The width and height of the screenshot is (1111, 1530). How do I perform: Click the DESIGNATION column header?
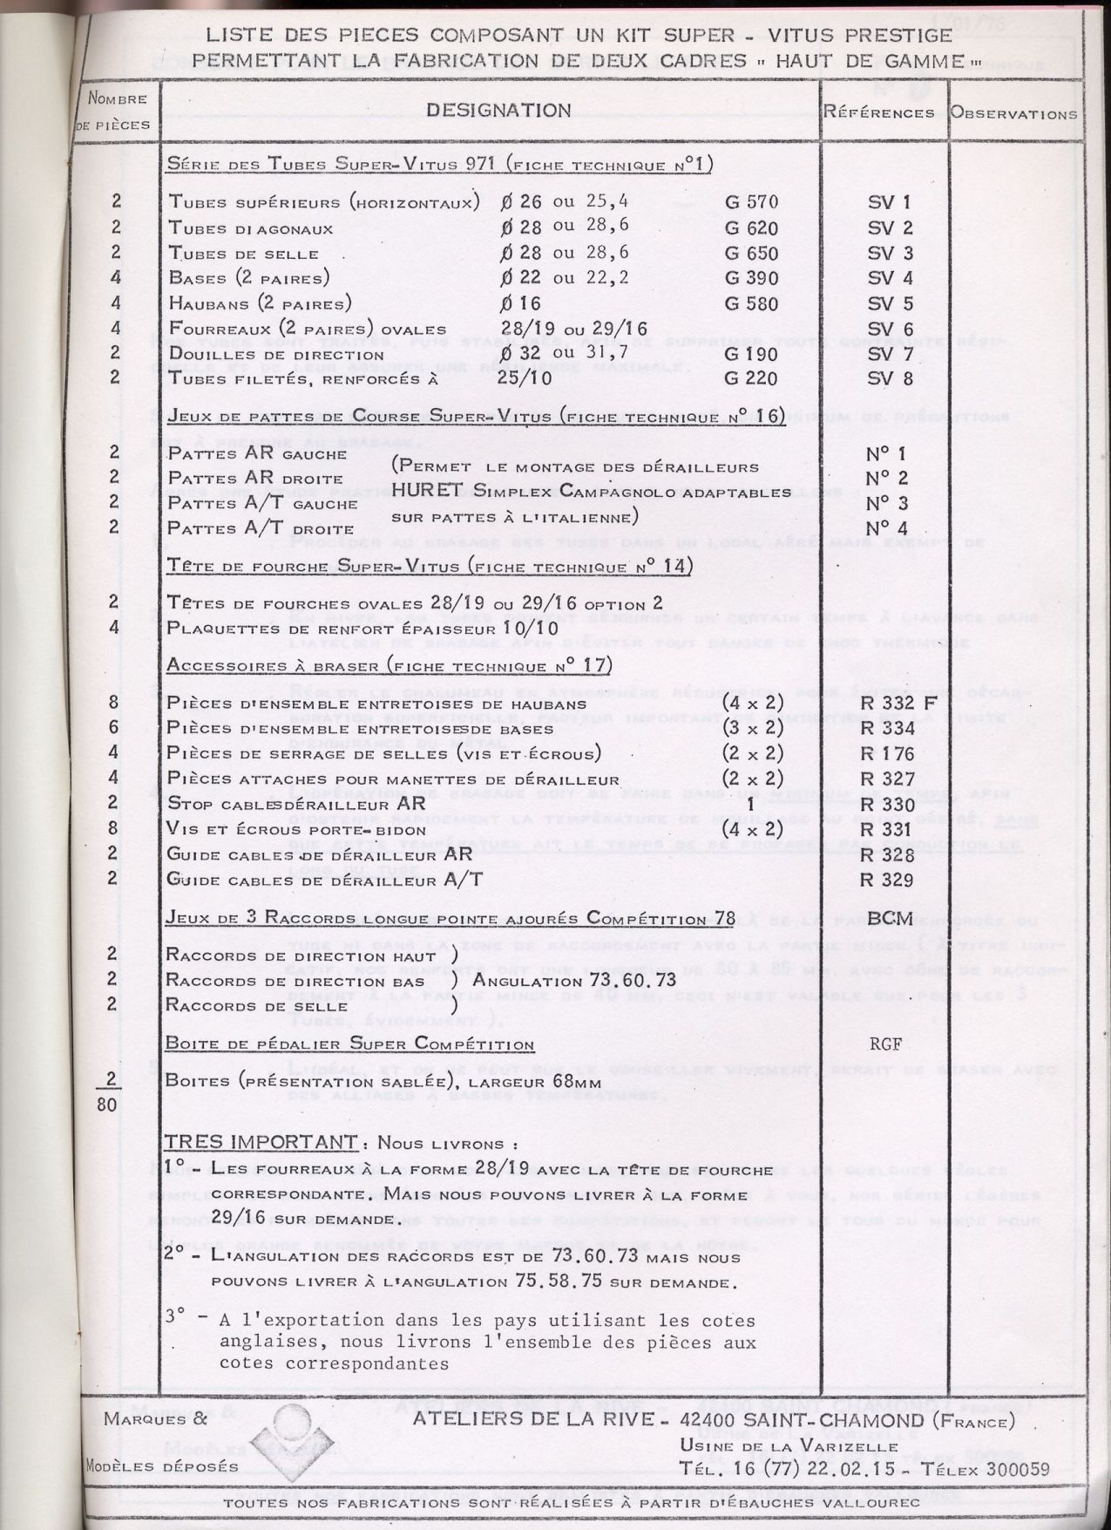(498, 110)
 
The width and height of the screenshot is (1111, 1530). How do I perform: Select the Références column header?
(879, 113)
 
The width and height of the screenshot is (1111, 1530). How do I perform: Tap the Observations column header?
(1013, 113)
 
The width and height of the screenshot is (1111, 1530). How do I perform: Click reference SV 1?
(890, 203)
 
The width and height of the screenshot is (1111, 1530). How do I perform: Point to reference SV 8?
(890, 378)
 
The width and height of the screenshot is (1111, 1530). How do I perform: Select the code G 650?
(751, 254)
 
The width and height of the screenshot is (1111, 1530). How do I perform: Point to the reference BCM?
(890, 918)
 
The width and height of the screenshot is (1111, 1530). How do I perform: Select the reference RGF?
(887, 1044)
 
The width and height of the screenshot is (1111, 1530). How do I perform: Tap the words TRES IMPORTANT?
(261, 1142)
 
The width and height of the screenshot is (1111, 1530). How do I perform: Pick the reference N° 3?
(887, 504)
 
